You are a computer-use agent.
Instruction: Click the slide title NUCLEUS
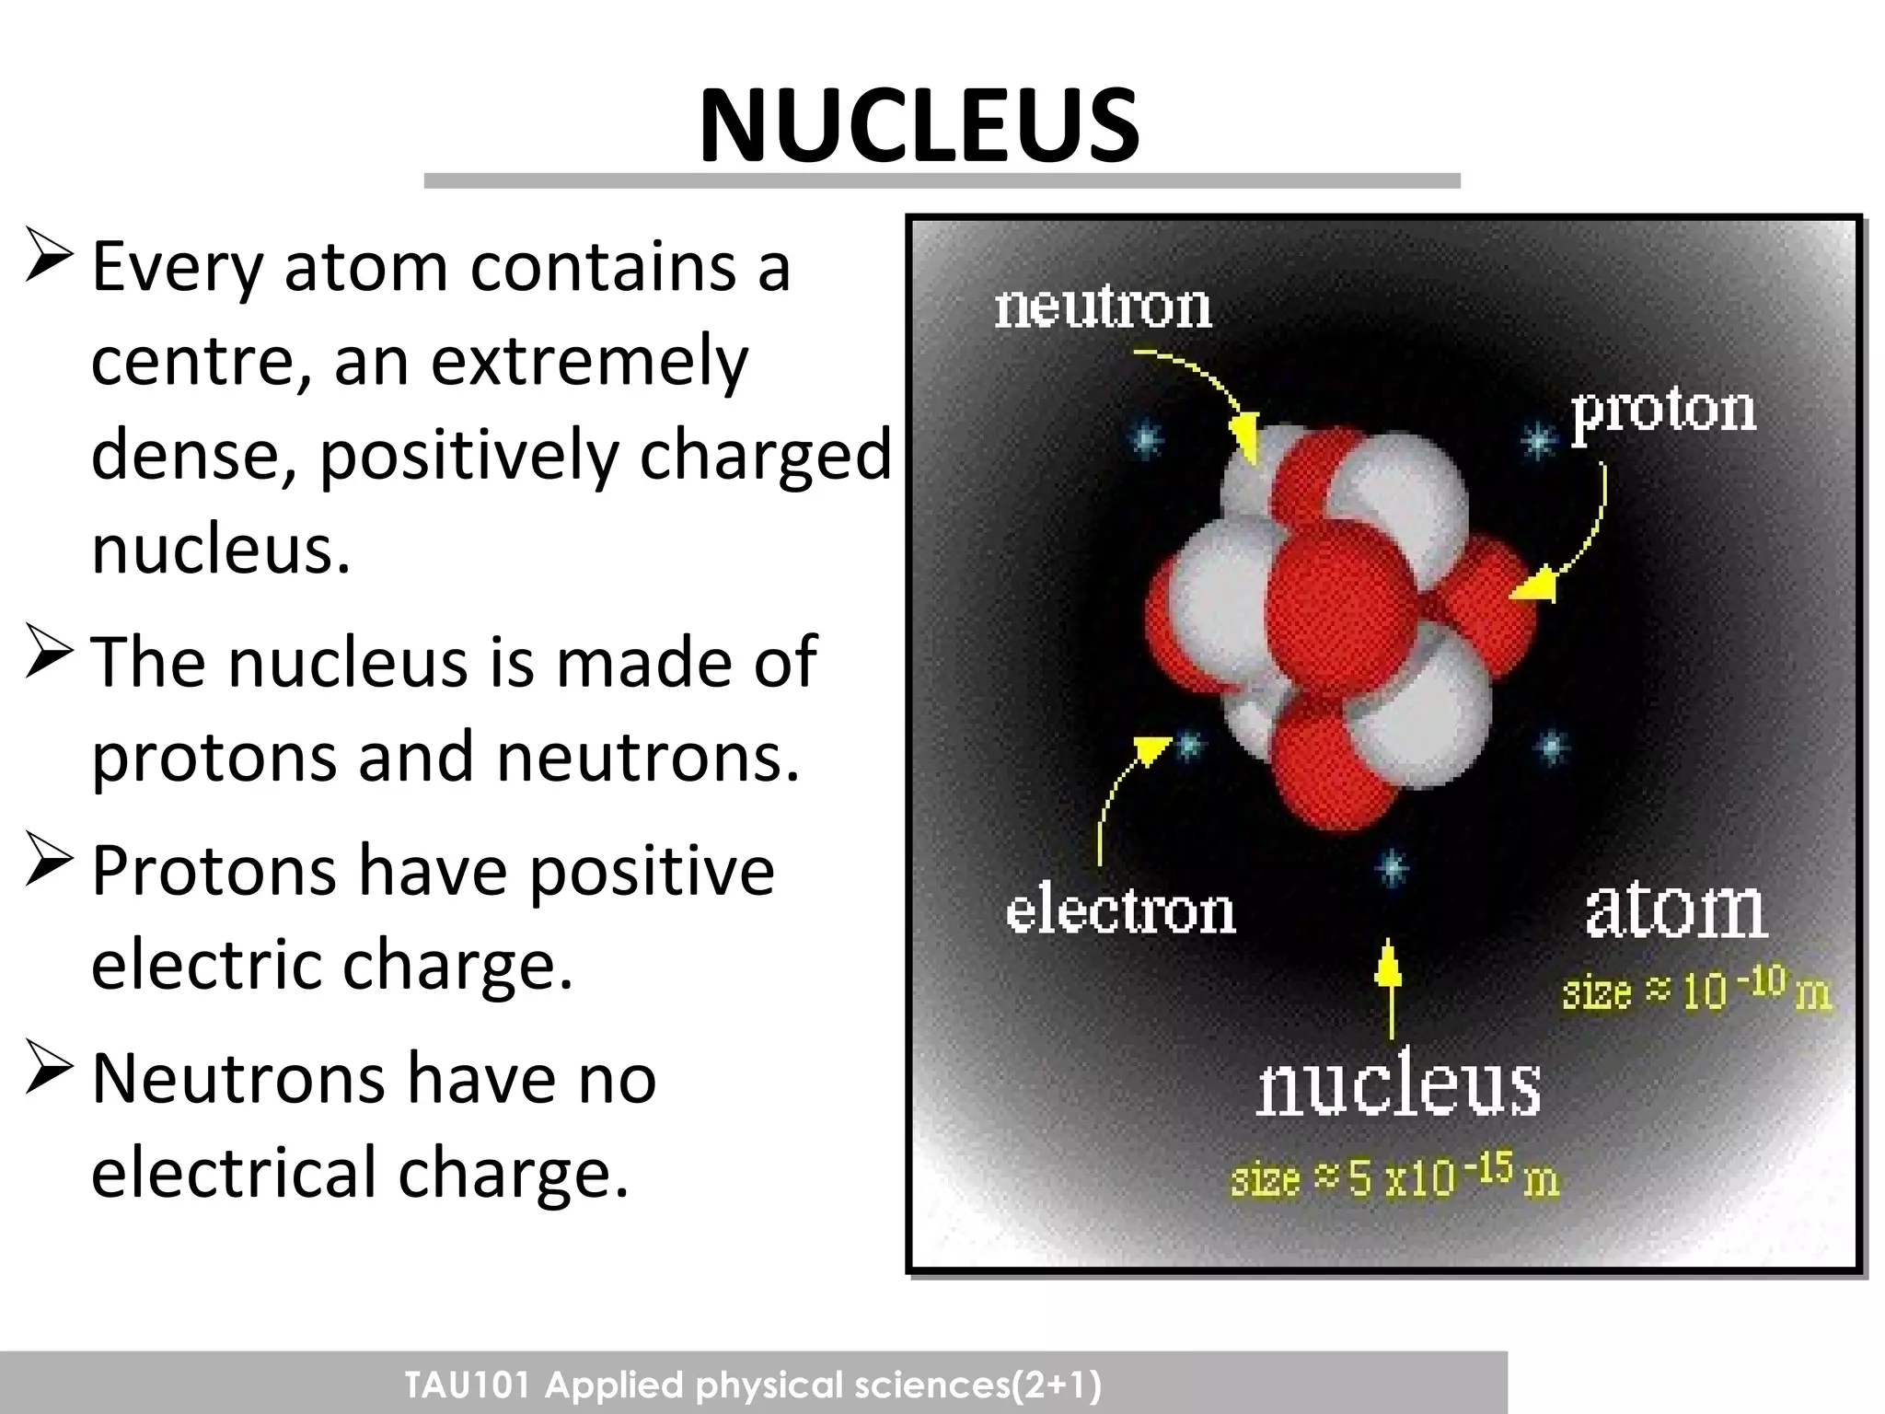pos(919,126)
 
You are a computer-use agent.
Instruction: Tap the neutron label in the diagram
pos(1103,307)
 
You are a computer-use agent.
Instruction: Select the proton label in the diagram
pos(1662,411)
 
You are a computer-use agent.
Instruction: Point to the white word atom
pos(1675,910)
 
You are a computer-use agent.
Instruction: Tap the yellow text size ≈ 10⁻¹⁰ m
pos(1696,991)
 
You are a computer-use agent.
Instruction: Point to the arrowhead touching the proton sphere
pos(1535,587)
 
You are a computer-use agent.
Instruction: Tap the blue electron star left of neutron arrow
pos(1145,439)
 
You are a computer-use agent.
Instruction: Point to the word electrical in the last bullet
pos(234,1174)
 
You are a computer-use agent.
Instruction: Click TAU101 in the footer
pos(467,1385)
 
